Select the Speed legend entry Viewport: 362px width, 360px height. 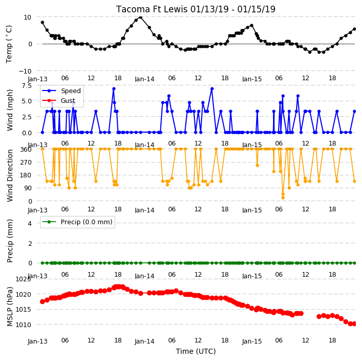point(61,91)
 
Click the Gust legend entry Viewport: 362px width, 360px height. point(59,101)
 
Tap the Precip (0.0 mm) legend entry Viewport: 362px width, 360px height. point(77,222)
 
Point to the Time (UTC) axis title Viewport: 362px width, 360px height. point(196,351)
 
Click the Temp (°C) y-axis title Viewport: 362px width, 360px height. point(9,44)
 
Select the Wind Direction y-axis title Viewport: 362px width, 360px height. point(10,176)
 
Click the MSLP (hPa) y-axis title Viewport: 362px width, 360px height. point(10,307)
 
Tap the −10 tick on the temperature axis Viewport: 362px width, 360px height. point(25,71)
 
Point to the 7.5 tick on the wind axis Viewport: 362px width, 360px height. point(27,86)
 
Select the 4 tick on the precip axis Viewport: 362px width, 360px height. point(30,223)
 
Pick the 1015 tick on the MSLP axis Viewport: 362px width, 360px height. point(23,310)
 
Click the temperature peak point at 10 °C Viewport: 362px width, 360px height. point(140,17)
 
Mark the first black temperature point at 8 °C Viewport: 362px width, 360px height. point(42,23)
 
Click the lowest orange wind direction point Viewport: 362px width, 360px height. point(283,197)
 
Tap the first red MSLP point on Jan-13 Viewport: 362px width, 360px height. point(42,301)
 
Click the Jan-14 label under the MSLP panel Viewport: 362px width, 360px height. point(144,341)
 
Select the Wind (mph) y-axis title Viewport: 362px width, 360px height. point(10,110)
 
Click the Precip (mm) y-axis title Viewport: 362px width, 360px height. point(10,241)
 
